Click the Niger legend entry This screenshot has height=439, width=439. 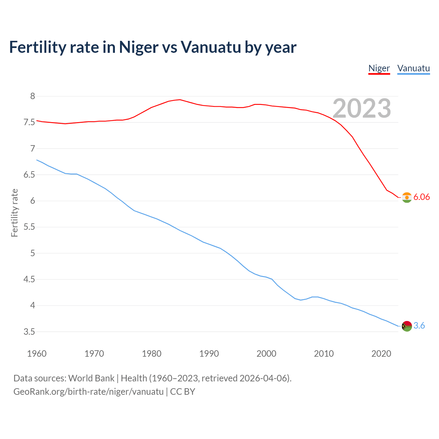pyautogui.click(x=379, y=68)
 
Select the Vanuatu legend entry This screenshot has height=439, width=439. pyautogui.click(x=413, y=68)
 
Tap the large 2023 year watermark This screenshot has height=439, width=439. pyautogui.click(x=362, y=108)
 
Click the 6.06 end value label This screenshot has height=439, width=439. pyautogui.click(x=422, y=197)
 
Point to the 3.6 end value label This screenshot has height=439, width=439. pyautogui.click(x=419, y=326)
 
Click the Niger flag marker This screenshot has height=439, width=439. pyautogui.click(x=407, y=198)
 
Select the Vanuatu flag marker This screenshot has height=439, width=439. pyautogui.click(x=407, y=326)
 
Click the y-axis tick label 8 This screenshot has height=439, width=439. pyautogui.click(x=33, y=96)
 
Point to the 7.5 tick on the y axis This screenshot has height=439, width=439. pyautogui.click(x=29, y=122)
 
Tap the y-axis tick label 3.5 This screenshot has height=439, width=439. pyautogui.click(x=29, y=332)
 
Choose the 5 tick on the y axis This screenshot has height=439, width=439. pyautogui.click(x=33, y=253)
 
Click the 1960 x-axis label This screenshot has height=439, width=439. pyautogui.click(x=37, y=354)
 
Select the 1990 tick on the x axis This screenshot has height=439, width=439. pyautogui.click(x=209, y=354)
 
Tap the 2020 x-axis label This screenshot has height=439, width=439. pyautogui.click(x=381, y=354)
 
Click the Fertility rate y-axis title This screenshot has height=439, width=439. pyautogui.click(x=14, y=213)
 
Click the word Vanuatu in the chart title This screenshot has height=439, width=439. pyautogui.click(x=211, y=47)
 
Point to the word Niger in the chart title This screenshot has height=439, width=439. pyautogui.click(x=139, y=47)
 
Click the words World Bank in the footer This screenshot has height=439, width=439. pyautogui.click(x=91, y=378)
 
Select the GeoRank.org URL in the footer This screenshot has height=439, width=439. pyautogui.click(x=88, y=392)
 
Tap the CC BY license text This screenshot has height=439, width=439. pyautogui.click(x=182, y=392)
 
